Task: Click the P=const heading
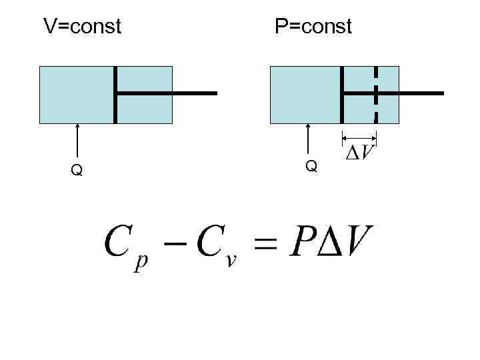click(313, 27)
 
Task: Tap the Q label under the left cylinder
click(77, 171)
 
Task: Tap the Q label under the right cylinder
click(311, 166)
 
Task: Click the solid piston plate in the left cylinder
click(115, 95)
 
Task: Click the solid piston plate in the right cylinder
click(343, 95)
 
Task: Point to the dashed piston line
click(376, 95)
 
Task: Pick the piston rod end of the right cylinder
click(433, 93)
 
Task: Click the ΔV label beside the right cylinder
click(360, 153)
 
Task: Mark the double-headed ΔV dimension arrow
click(359, 138)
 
